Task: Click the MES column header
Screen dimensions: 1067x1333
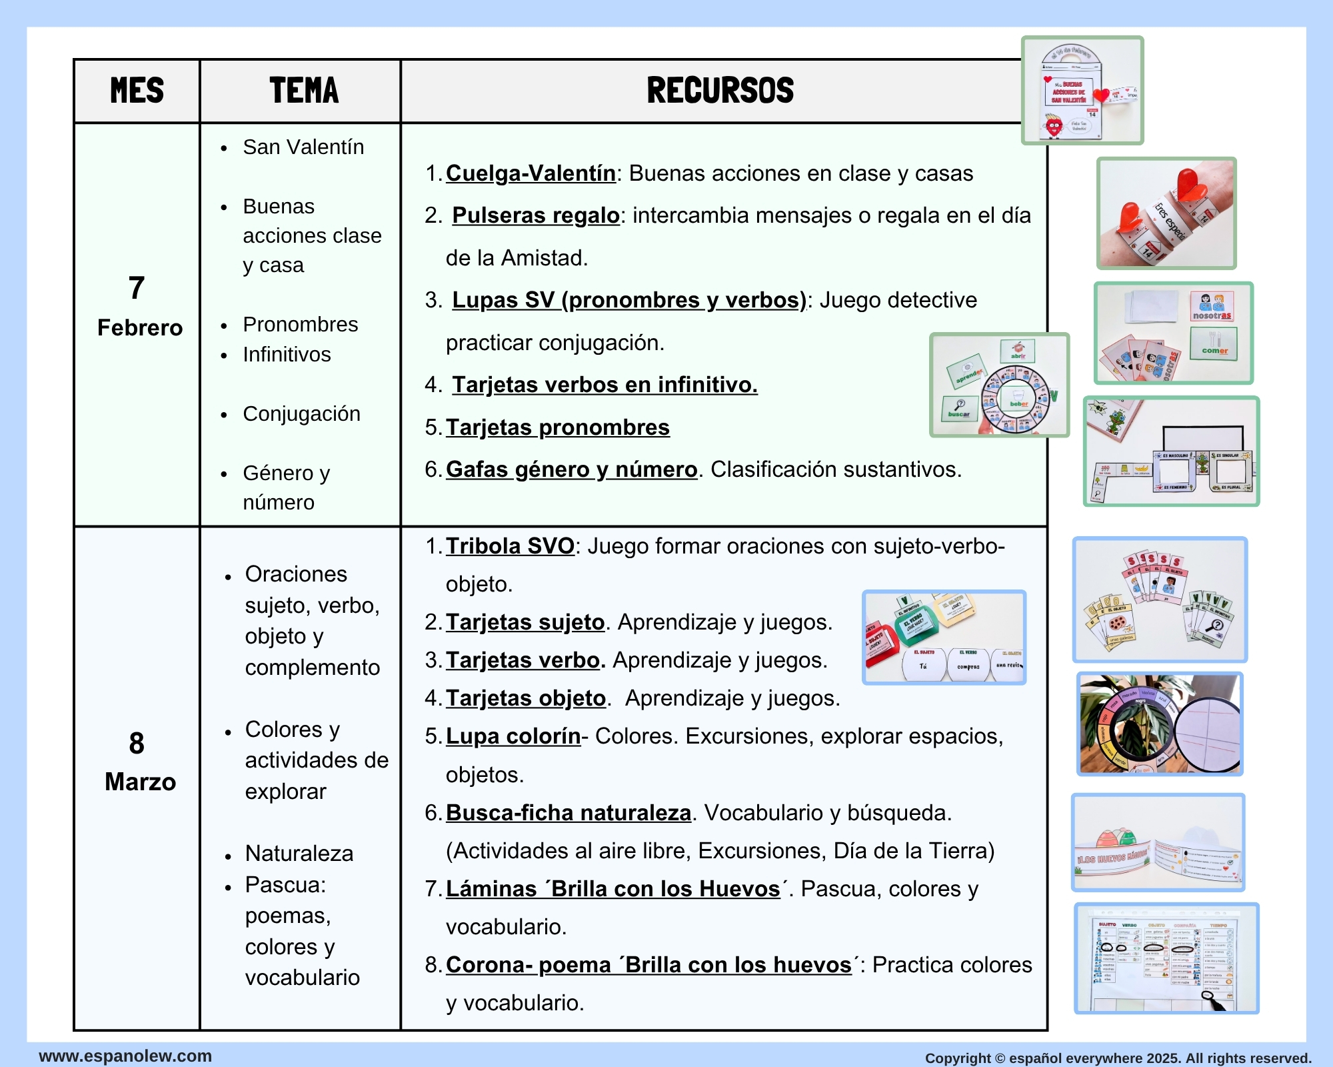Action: tap(137, 91)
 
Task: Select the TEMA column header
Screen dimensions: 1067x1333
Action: tap(304, 91)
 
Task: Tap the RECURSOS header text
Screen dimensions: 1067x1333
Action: tap(720, 91)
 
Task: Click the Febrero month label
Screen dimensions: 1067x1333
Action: tap(139, 327)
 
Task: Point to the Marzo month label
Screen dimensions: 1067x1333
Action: tap(140, 782)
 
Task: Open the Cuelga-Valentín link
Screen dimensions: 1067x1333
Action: tap(531, 173)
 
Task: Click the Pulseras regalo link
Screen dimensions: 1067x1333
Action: tap(536, 215)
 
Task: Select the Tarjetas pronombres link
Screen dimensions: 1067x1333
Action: tap(557, 427)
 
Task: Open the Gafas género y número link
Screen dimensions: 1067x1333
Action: tap(571, 469)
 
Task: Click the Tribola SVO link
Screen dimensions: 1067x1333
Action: tap(510, 546)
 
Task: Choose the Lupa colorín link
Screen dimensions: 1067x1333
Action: tap(513, 736)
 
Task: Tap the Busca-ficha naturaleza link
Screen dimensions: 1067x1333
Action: tap(569, 813)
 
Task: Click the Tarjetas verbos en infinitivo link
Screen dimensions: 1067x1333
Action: tap(605, 385)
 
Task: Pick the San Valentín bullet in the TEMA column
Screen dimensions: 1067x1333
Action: tap(303, 147)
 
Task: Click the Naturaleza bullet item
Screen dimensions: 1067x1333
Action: tap(299, 854)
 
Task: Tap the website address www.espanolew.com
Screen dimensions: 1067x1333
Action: tap(125, 1056)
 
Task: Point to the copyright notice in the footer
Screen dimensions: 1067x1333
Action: tap(1118, 1058)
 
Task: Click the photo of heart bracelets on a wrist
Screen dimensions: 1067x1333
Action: tap(1166, 213)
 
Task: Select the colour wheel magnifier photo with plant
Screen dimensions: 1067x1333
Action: tap(1160, 724)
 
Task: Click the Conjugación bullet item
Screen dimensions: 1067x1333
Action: tap(301, 413)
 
